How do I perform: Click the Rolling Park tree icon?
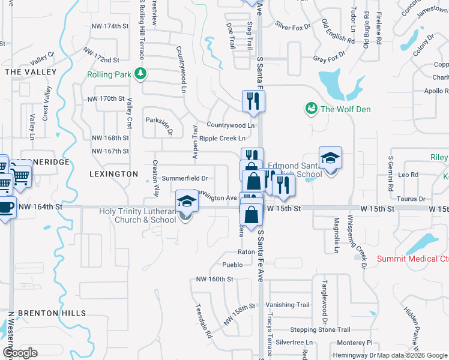(140, 74)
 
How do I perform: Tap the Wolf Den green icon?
(312, 109)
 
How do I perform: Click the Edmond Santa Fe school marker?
(330, 158)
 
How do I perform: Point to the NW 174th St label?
(110, 26)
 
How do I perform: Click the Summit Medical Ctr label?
(412, 259)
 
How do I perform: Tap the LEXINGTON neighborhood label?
(113, 173)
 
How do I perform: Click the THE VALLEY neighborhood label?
(31, 72)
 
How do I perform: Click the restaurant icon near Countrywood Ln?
(253, 102)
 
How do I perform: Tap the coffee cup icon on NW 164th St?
(5, 207)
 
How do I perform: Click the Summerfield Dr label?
(185, 178)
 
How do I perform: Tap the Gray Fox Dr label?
(330, 59)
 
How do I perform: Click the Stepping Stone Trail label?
(320, 329)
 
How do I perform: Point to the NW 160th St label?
(214, 280)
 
